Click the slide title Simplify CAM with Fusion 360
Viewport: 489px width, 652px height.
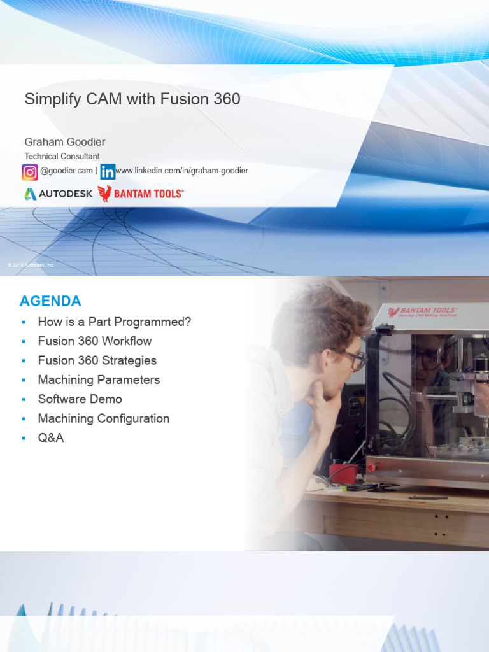tap(132, 99)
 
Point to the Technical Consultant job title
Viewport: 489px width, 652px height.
tap(62, 156)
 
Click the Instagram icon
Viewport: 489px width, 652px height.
tap(30, 172)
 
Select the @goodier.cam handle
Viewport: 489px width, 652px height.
tap(66, 171)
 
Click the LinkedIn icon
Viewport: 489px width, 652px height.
tap(108, 172)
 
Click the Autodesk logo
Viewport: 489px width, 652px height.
tap(58, 194)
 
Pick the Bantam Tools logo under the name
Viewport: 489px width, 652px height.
tap(141, 194)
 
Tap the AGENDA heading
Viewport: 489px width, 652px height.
tap(50, 301)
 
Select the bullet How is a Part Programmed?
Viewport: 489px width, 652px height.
tap(114, 322)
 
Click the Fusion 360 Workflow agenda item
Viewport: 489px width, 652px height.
tap(95, 341)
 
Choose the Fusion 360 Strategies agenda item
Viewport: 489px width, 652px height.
tap(97, 360)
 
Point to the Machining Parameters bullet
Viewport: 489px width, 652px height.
tap(99, 380)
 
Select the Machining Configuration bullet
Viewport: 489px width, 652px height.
tap(103, 418)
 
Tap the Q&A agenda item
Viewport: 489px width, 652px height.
tap(51, 438)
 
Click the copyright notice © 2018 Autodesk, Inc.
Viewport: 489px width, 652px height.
tap(31, 265)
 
